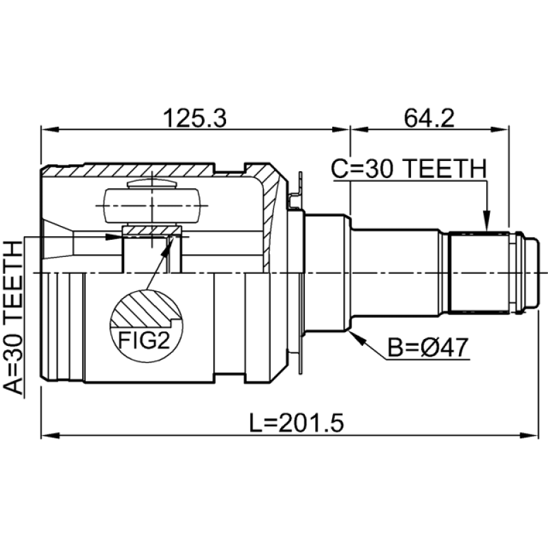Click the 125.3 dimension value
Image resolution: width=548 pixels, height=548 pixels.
195,118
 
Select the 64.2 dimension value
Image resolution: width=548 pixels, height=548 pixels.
429,118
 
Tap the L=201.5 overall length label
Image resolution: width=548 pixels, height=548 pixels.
297,422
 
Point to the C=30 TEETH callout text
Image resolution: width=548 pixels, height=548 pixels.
408,169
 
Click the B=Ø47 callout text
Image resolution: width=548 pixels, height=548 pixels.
427,347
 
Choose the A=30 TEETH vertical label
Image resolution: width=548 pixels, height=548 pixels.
13,318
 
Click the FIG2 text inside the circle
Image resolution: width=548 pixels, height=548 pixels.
144,340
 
